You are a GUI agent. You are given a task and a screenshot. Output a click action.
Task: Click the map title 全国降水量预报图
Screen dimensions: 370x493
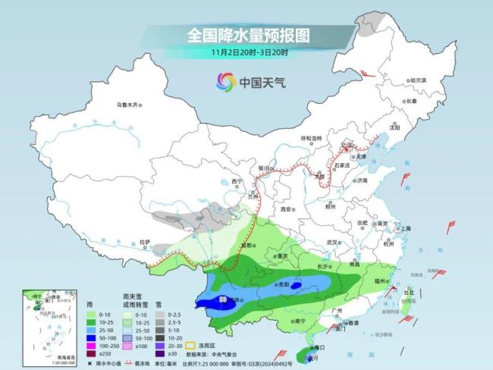coord(246,36)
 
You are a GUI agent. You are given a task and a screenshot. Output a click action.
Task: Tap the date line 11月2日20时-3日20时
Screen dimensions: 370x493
coord(246,53)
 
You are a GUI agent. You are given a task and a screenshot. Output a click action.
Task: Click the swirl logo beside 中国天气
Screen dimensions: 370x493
coord(225,81)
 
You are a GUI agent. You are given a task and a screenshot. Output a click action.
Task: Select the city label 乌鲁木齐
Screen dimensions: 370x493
coord(128,104)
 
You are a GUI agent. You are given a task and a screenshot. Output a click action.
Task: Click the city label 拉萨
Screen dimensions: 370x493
coord(144,242)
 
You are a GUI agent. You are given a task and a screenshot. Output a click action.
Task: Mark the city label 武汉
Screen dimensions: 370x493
coord(331,241)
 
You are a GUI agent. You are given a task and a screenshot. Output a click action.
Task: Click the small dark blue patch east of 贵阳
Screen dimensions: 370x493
coord(297,287)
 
